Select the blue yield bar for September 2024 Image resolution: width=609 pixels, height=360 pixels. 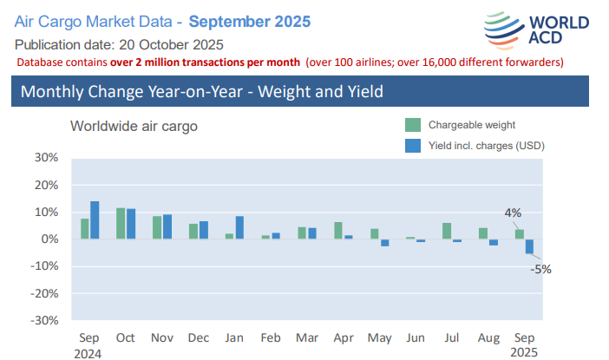(x=95, y=220)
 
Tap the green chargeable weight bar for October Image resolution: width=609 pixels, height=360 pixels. (x=121, y=224)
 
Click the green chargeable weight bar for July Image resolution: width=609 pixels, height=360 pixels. (x=446, y=231)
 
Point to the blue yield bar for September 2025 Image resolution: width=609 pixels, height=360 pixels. (x=529, y=246)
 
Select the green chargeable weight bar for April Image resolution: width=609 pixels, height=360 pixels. (x=338, y=231)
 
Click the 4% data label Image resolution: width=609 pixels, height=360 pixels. (x=513, y=213)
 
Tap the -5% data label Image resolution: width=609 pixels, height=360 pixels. (x=542, y=268)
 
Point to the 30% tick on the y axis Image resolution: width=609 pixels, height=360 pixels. (x=45, y=158)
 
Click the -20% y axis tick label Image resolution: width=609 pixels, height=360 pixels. (x=43, y=293)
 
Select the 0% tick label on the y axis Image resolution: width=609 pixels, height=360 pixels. (x=49, y=239)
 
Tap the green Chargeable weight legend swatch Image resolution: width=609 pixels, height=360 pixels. (x=413, y=125)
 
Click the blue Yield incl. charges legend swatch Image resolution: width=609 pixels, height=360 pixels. (x=413, y=146)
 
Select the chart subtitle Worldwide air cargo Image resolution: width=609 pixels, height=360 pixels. (x=134, y=126)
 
